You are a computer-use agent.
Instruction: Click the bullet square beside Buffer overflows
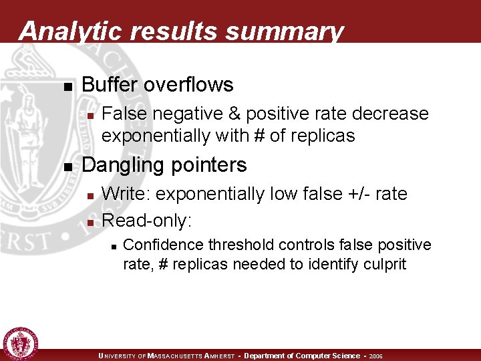tap(66, 86)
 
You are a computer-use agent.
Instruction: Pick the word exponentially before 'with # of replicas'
tap(158, 136)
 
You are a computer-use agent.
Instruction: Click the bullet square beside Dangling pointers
tap(66, 166)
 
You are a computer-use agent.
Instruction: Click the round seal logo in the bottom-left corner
tap(21, 343)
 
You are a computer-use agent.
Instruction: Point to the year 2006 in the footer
tap(376, 356)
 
